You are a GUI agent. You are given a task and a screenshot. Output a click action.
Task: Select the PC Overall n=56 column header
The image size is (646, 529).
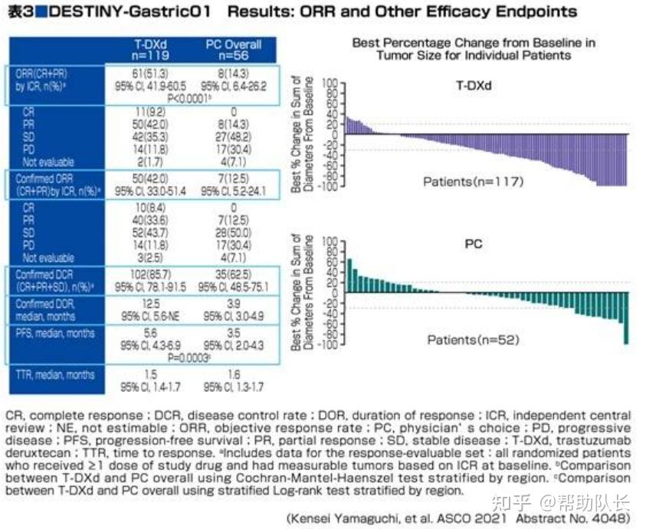tap(233, 50)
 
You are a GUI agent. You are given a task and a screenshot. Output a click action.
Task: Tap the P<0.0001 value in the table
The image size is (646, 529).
tap(189, 98)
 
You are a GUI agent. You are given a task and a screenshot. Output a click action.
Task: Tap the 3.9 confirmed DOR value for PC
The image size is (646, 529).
tap(233, 303)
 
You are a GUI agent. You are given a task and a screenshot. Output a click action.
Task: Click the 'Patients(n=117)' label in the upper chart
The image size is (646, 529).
tap(473, 181)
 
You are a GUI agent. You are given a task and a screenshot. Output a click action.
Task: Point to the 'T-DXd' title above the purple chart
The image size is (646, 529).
tap(473, 86)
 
